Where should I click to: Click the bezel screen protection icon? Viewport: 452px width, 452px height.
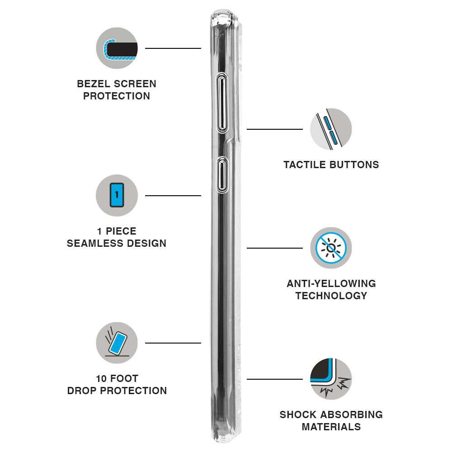pyautogui.click(x=117, y=48)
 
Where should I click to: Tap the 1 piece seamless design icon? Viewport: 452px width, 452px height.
pyautogui.click(x=117, y=195)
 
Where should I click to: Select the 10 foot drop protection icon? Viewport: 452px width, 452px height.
pyautogui.click(x=117, y=343)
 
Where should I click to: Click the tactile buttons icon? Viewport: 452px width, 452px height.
pyautogui.click(x=331, y=129)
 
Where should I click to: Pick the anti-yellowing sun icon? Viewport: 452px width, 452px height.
pyautogui.click(x=331, y=248)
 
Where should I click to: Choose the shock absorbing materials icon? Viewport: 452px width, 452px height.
pyautogui.click(x=331, y=379)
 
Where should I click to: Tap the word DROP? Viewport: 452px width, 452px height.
pyautogui.click(x=82, y=391)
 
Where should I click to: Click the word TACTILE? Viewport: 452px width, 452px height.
pyautogui.click(x=305, y=165)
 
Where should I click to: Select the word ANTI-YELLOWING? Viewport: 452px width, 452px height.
pyautogui.click(x=331, y=283)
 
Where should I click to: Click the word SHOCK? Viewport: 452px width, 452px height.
pyautogui.click(x=298, y=414)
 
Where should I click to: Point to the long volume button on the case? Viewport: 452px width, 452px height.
pyautogui.click(x=221, y=103)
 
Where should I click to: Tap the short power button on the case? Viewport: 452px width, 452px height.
pyautogui.click(x=222, y=175)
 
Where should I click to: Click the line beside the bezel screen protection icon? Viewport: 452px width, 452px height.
pyautogui.click(x=173, y=48)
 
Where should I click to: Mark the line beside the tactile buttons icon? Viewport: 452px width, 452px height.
pyautogui.click(x=275, y=129)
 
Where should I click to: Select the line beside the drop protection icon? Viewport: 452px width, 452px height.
pyautogui.click(x=173, y=343)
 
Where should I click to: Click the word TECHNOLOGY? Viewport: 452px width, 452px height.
pyautogui.click(x=331, y=296)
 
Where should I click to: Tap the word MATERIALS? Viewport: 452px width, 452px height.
pyautogui.click(x=331, y=427)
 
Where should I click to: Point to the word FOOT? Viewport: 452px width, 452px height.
pyautogui.click(x=124, y=378)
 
